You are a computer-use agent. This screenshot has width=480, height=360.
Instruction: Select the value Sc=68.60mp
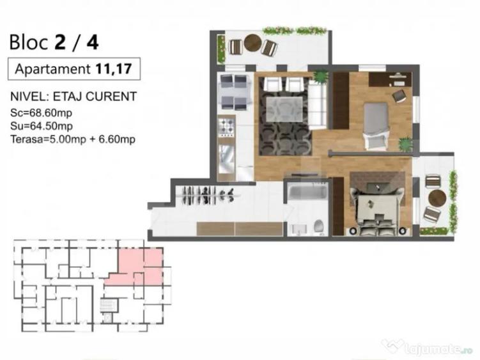(x=39, y=113)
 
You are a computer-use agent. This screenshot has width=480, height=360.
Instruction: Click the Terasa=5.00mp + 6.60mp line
(x=73, y=137)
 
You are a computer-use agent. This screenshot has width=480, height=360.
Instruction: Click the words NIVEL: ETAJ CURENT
(x=73, y=98)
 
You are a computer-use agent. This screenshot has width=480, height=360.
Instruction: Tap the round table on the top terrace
(x=253, y=43)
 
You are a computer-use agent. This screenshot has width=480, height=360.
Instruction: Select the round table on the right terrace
(x=437, y=196)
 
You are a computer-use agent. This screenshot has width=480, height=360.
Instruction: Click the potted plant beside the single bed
(x=405, y=145)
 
